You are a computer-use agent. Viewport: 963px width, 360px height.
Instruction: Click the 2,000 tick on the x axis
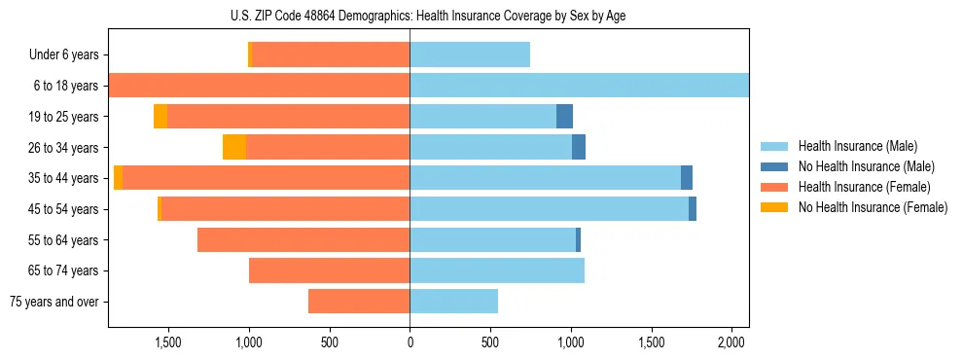(731, 342)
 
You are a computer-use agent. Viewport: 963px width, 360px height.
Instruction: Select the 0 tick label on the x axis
(410, 342)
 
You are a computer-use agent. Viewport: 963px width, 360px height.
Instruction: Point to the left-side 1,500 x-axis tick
(168, 342)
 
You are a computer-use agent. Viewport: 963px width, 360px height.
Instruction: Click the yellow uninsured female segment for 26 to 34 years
(234, 147)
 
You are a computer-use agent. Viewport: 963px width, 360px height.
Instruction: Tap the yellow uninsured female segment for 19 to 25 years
(160, 117)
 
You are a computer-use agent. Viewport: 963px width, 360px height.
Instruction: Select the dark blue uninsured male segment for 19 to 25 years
(564, 117)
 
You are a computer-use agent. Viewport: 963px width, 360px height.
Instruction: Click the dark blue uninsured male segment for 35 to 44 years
(687, 178)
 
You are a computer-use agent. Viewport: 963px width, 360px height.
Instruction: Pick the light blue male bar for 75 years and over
(453, 302)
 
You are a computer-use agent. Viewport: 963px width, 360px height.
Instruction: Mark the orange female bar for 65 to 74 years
(329, 270)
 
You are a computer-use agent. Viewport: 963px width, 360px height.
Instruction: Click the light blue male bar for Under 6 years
(470, 55)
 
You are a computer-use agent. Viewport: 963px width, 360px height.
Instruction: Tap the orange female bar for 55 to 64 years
(303, 239)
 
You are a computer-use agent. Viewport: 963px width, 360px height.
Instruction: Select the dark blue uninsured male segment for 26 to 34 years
(579, 147)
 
